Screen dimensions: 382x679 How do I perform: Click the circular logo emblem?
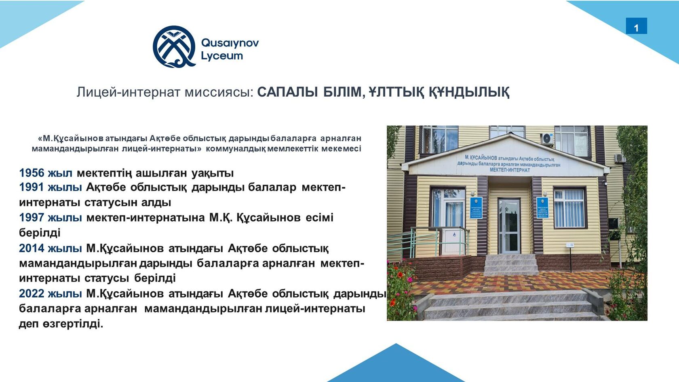[174, 46]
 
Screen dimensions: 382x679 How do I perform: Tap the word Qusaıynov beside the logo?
[230, 43]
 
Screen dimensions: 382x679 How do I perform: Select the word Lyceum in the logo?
[222, 56]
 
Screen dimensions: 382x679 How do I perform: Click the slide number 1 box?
[636, 26]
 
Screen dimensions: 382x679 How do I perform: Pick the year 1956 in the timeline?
[32, 173]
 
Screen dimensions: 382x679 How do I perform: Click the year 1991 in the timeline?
[32, 187]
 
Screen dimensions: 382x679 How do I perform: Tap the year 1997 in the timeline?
[32, 217]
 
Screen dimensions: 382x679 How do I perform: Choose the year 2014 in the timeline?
[32, 248]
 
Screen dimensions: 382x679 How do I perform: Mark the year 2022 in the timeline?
[32, 293]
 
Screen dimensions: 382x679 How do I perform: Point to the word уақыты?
[213, 173]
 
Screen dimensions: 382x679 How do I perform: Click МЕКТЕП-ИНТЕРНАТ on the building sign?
[510, 170]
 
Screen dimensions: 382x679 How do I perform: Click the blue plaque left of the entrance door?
[476, 207]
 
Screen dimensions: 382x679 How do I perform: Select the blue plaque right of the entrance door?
[542, 207]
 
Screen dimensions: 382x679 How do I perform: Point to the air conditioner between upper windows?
[548, 139]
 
